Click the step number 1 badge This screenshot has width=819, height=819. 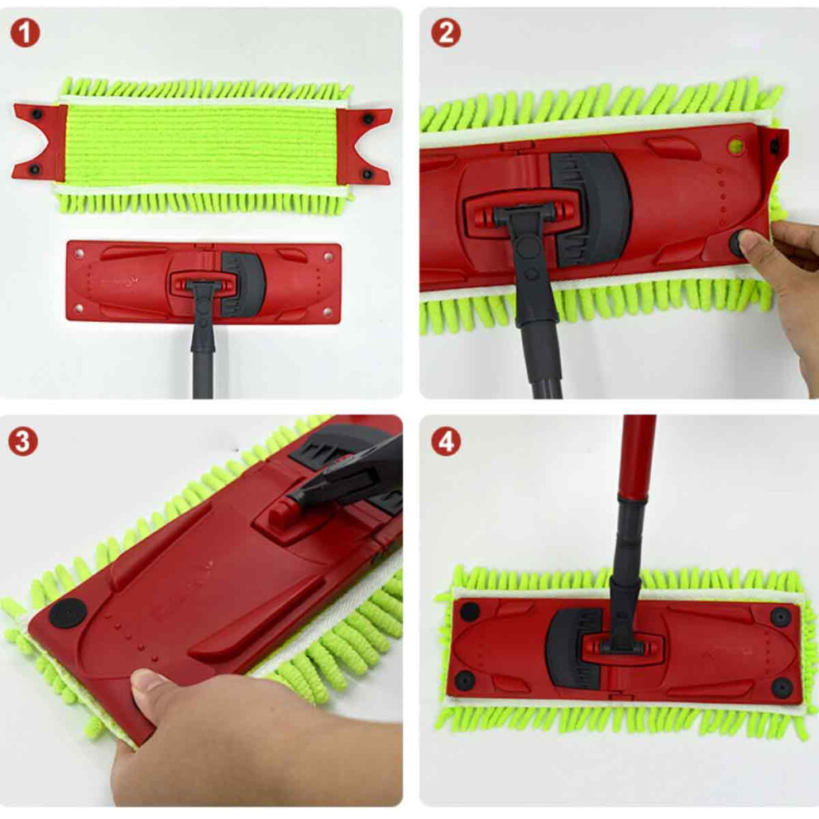click(x=25, y=32)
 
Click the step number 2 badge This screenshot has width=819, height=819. click(x=446, y=32)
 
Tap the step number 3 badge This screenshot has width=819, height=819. click(x=22, y=442)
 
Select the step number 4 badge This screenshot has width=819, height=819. click(x=446, y=442)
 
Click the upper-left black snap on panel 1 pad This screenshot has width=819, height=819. click(x=37, y=113)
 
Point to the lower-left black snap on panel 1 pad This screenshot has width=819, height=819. click(x=36, y=169)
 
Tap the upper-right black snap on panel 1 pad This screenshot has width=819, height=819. click(x=368, y=119)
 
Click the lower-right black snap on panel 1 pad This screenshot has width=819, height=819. click(x=367, y=174)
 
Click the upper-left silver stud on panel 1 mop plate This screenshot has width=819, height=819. click(x=79, y=253)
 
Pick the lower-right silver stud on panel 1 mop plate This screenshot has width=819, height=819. click(x=328, y=312)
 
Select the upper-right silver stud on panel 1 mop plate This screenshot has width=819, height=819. click(x=328, y=256)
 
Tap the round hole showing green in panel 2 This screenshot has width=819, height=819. click(x=736, y=144)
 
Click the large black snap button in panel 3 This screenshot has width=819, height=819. click(x=68, y=613)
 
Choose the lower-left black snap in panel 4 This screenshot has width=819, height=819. click(x=464, y=680)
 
